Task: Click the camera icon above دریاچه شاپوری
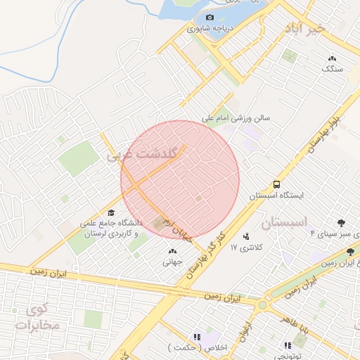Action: [x=210, y=17]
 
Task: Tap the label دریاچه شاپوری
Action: [x=211, y=30]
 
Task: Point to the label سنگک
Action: [x=332, y=69]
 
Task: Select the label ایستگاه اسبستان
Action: [x=278, y=195]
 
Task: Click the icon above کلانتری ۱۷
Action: [x=245, y=236]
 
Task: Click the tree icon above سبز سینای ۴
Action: [x=341, y=223]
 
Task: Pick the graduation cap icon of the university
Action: [x=110, y=212]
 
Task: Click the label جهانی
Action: [x=172, y=262]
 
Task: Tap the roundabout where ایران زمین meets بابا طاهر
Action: [x=263, y=304]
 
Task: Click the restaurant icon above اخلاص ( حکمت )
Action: [x=197, y=337]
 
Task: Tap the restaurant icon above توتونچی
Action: [x=288, y=345]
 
